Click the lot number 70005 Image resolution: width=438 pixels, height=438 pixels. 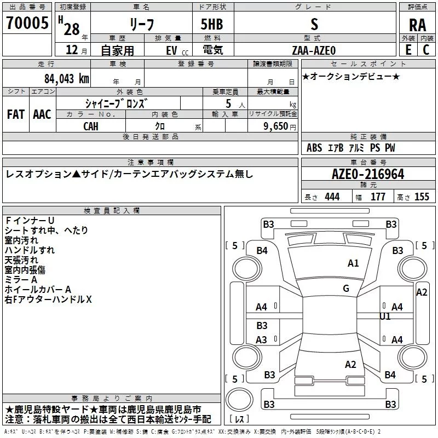[27, 23]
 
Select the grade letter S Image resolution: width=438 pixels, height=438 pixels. [314, 24]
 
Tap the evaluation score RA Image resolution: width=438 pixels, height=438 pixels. [418, 25]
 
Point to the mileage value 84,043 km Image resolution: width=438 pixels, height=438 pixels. [67, 79]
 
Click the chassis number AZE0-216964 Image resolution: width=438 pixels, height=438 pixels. [368, 174]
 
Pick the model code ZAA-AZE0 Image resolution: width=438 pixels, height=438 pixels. [314, 50]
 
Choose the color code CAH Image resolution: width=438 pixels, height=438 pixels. [91, 126]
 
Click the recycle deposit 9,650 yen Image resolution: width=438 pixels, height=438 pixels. [280, 126]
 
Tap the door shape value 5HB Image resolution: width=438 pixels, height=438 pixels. [212, 24]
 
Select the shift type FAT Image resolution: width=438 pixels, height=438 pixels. [16, 114]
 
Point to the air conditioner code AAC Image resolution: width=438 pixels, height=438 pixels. [42, 114]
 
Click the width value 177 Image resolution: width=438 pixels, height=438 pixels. [378, 197]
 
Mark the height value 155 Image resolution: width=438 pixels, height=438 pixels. [422, 197]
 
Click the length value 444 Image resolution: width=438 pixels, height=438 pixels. [332, 197]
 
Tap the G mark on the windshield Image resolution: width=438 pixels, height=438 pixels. [346, 289]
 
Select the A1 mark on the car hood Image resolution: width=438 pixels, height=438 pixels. [353, 263]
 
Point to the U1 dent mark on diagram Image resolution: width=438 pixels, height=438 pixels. [385, 316]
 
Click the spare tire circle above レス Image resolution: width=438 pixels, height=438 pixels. [239, 400]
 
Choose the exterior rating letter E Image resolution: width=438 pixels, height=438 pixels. [408, 50]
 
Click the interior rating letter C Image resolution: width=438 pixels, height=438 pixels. [426, 50]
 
